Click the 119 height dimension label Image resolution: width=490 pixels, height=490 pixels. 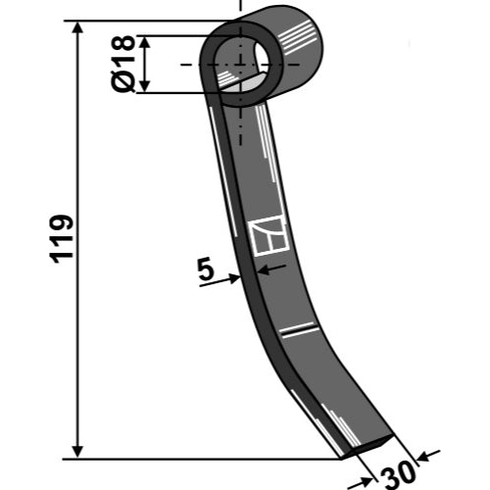click(62, 239)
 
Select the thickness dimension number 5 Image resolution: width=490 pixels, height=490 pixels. click(206, 269)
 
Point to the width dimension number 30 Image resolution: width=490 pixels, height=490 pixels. click(398, 473)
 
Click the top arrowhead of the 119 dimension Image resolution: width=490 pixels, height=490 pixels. click(77, 27)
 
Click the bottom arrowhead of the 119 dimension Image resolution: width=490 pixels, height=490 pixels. click(77, 452)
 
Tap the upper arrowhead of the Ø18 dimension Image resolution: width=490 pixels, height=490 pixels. click(145, 42)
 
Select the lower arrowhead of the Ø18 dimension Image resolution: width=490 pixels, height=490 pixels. click(145, 86)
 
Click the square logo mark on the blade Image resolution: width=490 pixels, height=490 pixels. click(269, 235)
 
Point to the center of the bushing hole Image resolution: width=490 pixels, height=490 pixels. click(241, 65)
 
